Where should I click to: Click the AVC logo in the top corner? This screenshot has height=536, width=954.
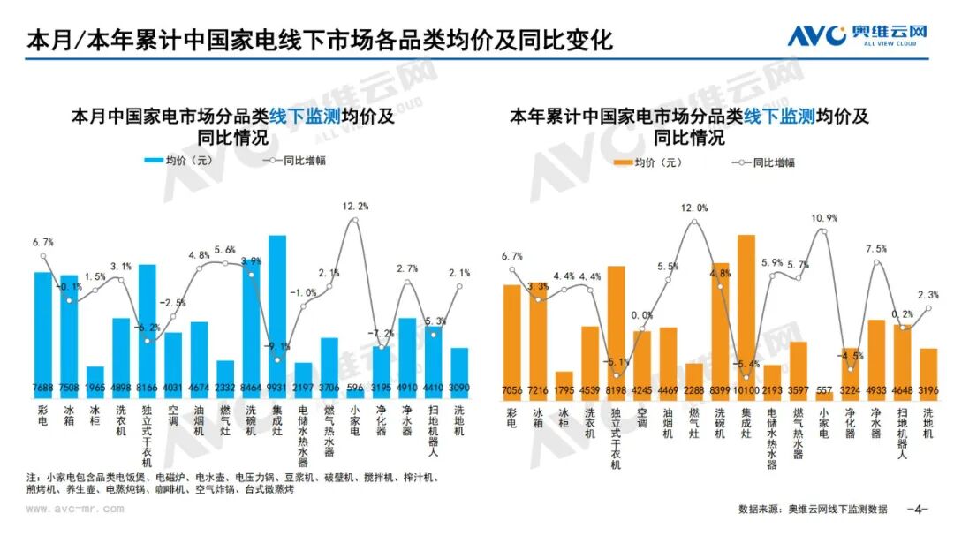856,36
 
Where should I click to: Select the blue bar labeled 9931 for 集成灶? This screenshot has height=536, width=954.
277,309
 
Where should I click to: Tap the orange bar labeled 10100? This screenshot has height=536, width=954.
746,309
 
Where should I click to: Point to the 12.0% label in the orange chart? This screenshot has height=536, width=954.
694,208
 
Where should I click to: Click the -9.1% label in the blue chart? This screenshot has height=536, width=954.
277,345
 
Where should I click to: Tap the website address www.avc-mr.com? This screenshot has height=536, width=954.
75,509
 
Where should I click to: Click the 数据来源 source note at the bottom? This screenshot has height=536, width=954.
813,509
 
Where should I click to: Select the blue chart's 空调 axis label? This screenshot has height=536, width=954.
173,416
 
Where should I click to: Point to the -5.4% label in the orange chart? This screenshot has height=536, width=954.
746,364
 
